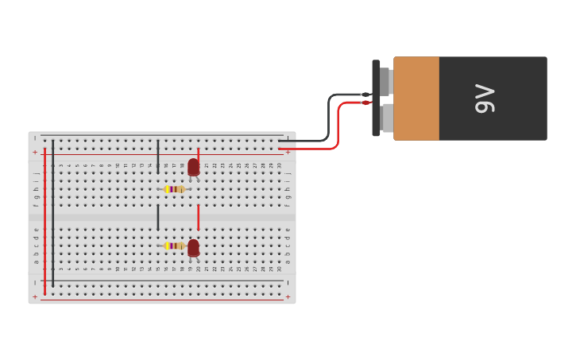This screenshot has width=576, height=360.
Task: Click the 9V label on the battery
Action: [485, 99]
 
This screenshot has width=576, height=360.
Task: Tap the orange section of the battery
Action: [416, 99]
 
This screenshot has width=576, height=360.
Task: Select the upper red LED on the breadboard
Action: [193, 167]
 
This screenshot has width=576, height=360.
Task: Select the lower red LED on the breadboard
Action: [193, 248]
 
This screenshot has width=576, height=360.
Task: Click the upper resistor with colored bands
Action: [174, 189]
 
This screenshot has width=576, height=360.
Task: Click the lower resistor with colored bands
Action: [174, 246]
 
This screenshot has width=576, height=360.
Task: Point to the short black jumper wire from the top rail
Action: [158, 156]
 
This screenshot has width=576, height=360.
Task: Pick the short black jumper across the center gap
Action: [158, 217]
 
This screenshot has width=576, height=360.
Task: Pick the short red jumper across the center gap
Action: [198, 217]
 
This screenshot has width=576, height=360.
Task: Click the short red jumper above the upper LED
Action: [198, 153]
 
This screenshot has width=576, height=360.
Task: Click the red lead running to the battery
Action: [338, 127]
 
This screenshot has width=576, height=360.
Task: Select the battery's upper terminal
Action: [385, 80]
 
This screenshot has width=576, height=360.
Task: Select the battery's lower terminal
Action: [386, 118]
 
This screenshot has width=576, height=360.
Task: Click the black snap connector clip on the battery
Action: [376, 98]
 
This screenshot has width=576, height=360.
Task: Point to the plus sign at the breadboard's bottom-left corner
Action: [35, 297]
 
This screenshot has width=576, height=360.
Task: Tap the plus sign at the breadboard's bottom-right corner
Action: [288, 297]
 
